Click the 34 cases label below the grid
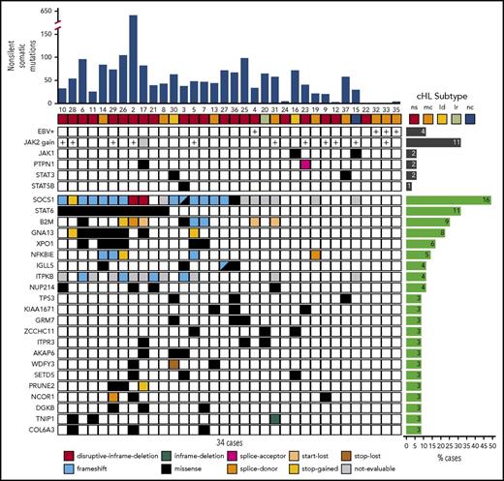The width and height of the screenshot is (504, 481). [230, 444]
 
